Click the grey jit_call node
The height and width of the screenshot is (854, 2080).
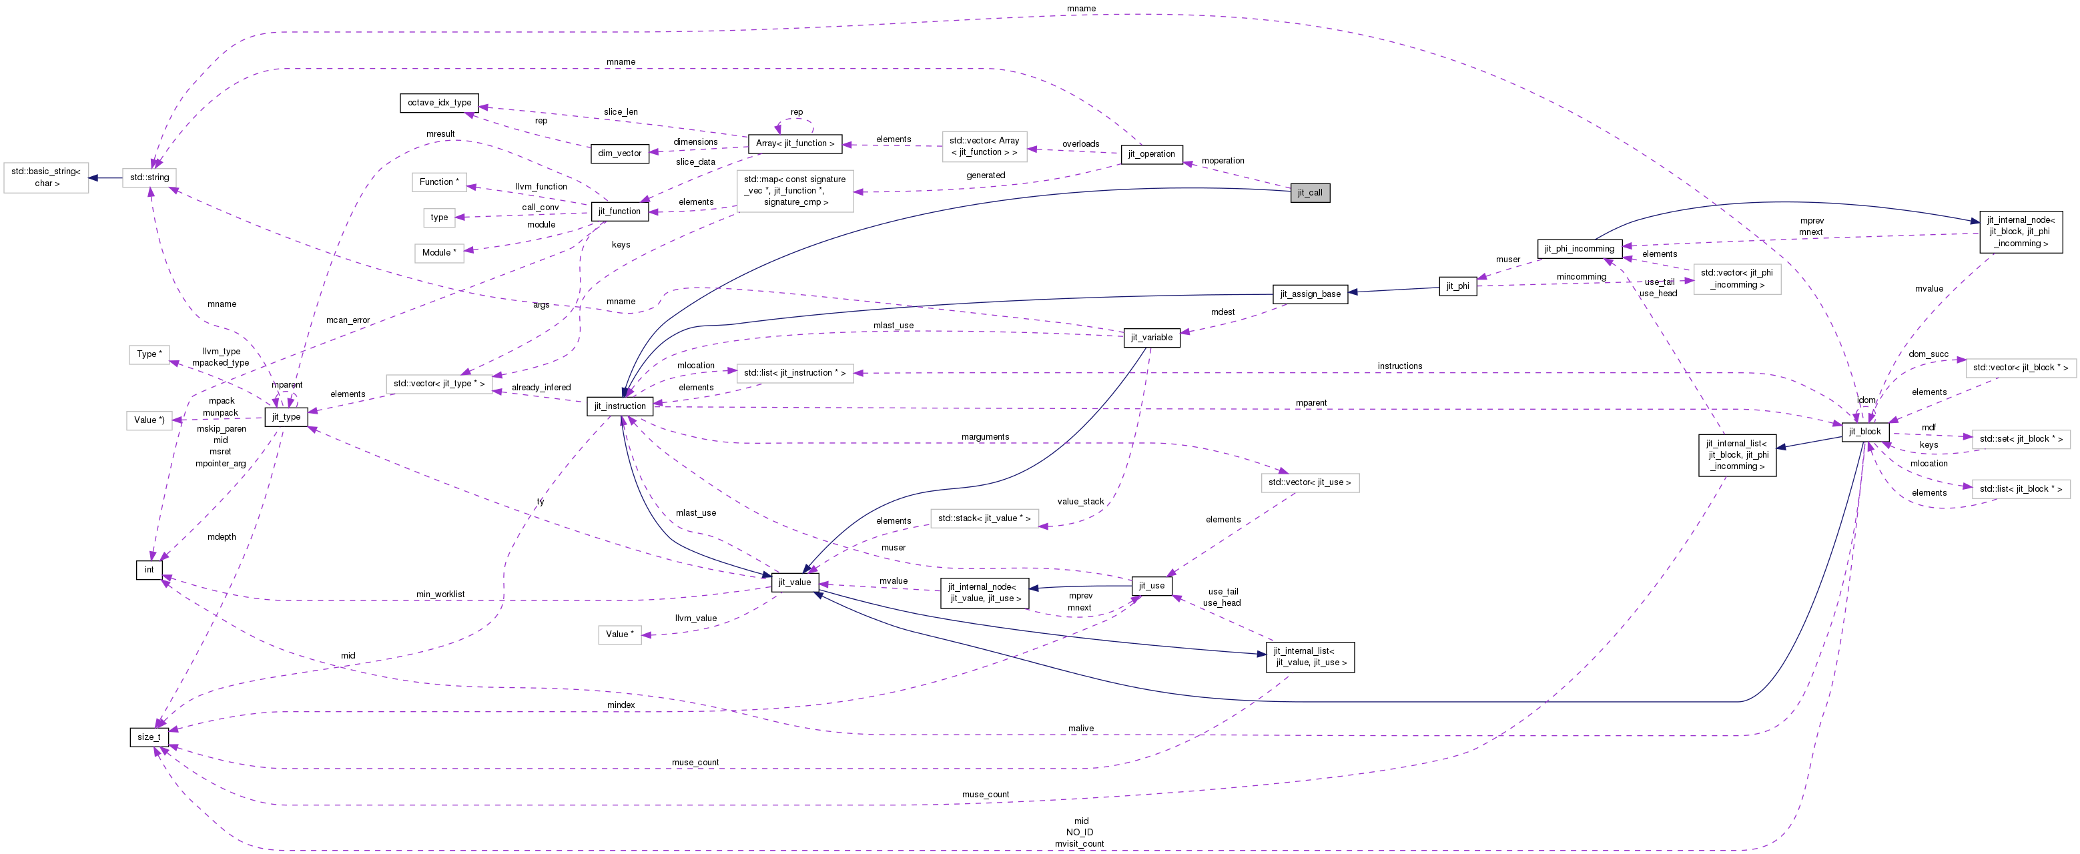point(1310,193)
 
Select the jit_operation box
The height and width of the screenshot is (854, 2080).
point(1151,154)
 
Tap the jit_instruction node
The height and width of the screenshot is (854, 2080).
point(620,406)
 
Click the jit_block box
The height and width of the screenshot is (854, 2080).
point(1864,432)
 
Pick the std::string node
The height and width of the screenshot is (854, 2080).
point(149,177)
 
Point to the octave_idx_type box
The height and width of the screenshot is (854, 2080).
point(439,103)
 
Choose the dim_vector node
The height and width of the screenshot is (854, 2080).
point(619,153)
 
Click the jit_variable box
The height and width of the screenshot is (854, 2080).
point(1151,338)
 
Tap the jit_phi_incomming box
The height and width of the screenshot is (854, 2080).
point(1579,249)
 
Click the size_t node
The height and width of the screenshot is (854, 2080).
point(149,737)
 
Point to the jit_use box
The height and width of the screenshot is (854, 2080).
point(1151,586)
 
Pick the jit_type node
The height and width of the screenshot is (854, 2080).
point(286,417)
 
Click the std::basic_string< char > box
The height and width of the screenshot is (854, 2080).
point(47,177)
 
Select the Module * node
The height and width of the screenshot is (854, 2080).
point(439,253)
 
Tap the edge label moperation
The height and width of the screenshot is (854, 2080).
point(1223,161)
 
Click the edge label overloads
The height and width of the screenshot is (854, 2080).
point(1080,143)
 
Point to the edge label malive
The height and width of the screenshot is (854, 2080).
point(1080,728)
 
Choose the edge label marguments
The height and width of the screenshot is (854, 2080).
point(985,437)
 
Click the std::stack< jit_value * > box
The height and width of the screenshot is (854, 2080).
point(984,518)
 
